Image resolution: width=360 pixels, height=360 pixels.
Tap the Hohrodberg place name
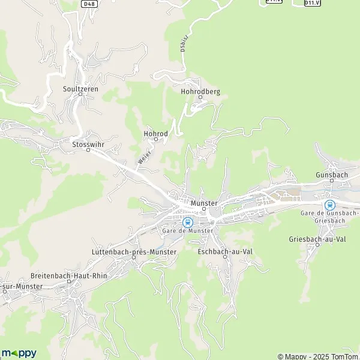click(200, 92)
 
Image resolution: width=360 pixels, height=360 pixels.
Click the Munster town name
click(203, 203)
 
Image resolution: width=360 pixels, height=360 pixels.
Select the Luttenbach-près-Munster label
click(134, 252)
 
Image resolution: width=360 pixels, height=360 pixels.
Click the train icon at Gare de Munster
click(187, 222)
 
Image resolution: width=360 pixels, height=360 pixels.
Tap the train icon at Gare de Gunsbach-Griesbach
click(329, 203)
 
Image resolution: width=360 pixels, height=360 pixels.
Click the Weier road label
click(143, 158)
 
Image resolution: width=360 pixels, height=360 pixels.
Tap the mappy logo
click(19, 352)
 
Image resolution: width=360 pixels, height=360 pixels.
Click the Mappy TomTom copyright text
click(317, 356)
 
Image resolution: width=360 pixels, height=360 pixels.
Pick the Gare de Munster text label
click(188, 231)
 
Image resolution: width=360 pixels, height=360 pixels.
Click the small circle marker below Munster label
click(203, 210)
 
